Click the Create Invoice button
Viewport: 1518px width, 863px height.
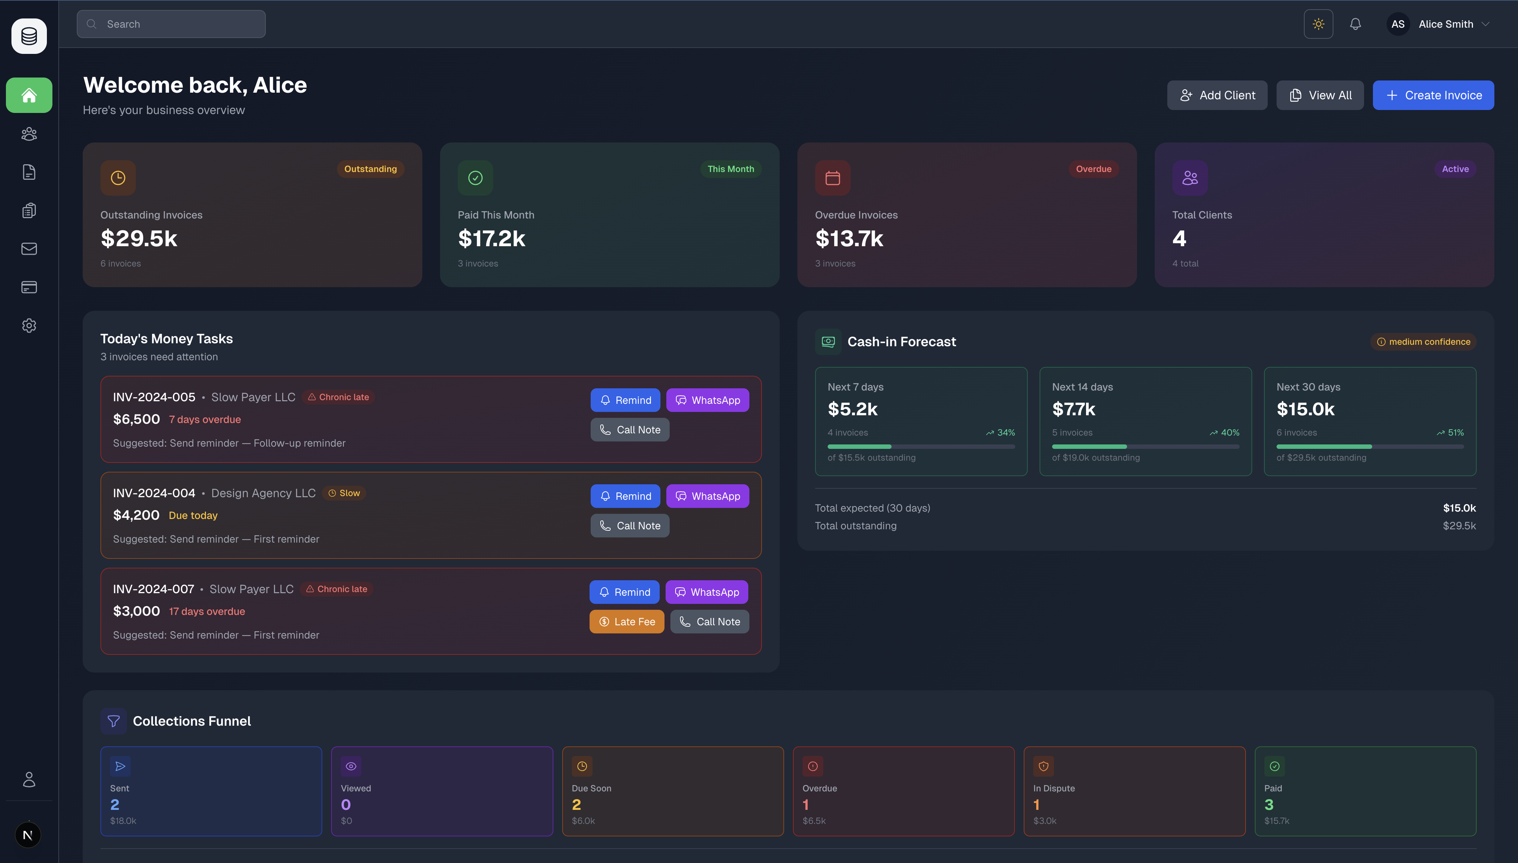click(1433, 96)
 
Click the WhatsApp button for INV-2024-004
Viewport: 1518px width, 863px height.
click(707, 496)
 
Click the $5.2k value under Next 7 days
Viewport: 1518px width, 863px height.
click(852, 409)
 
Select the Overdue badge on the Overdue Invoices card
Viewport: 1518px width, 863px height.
click(1093, 169)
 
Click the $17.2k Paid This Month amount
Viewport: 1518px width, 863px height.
click(491, 239)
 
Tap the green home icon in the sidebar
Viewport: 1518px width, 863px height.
click(29, 96)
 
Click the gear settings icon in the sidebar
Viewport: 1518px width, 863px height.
click(29, 326)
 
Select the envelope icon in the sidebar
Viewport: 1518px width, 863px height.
click(29, 249)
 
